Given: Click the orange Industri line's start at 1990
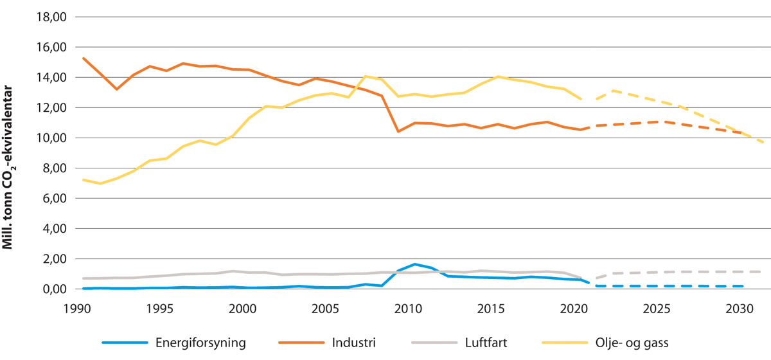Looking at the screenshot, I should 83,59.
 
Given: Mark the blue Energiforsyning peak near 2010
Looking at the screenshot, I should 414,264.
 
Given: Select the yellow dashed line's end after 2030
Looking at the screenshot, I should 763,142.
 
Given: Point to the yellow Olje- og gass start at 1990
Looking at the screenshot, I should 83,180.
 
